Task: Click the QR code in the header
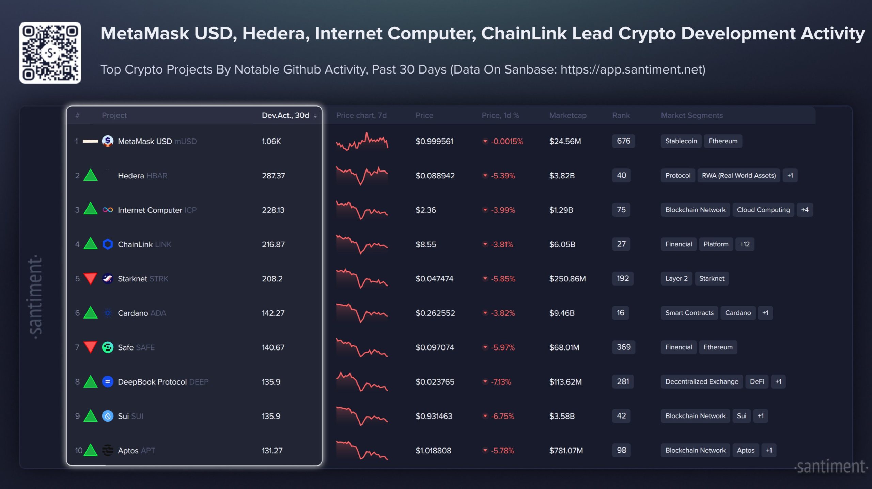pos(50,53)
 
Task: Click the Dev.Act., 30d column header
pos(285,115)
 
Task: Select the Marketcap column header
pos(567,115)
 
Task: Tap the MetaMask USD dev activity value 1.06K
pos(271,141)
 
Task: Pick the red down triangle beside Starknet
pos(91,278)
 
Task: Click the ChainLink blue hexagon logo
pos(108,244)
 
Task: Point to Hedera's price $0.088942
pos(435,176)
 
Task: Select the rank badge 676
pos(623,141)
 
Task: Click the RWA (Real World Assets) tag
pos(738,176)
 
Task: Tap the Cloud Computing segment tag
pos(763,210)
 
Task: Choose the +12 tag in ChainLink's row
pos(744,244)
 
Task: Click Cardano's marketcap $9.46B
pos(562,313)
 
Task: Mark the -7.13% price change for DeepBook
pos(500,382)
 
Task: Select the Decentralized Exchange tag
pos(701,381)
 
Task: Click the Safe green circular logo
pos(108,347)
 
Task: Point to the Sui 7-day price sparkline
pos(361,416)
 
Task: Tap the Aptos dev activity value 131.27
pos(272,450)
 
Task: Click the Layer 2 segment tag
pos(676,278)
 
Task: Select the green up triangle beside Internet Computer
pos(91,209)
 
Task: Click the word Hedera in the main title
pos(276,33)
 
